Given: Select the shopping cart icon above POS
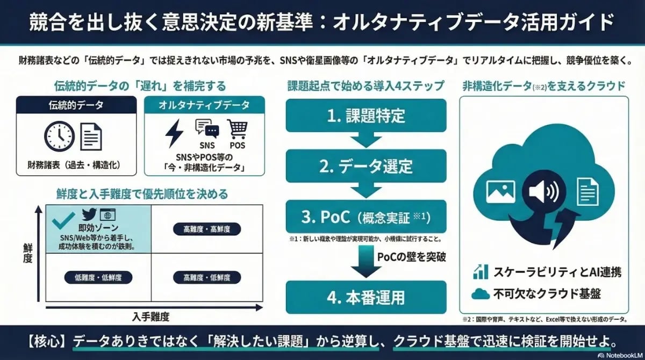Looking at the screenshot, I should tap(238, 129).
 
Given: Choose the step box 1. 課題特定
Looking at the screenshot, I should tap(366, 115).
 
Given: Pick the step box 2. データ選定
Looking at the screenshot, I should tap(366, 166).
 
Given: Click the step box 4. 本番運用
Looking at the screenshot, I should tap(366, 297).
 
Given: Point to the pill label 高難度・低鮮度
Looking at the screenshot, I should tap(207, 278).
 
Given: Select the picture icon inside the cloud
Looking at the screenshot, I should tap(500, 192).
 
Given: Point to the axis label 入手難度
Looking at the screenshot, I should tap(150, 316).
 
